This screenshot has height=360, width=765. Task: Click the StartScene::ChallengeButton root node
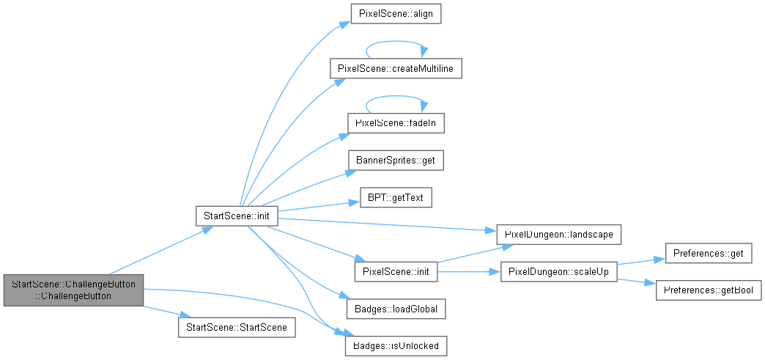click(x=73, y=290)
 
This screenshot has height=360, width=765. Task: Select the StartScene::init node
click(x=237, y=216)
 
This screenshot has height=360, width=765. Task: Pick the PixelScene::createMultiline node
click(x=396, y=69)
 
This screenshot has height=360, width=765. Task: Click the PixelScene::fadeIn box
click(x=396, y=123)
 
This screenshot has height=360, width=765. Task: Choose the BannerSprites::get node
click(x=396, y=161)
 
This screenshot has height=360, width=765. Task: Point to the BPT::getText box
click(x=396, y=197)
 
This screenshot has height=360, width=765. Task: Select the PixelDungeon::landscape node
click(x=558, y=235)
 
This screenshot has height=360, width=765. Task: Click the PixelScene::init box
click(x=396, y=271)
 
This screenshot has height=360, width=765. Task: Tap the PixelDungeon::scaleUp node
click(x=558, y=271)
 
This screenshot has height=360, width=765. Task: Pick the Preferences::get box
click(x=709, y=253)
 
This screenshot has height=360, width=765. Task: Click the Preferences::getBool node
click(x=709, y=290)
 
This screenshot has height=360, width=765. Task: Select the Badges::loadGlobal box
click(x=396, y=309)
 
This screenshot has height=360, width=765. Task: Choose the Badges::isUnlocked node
click(x=396, y=346)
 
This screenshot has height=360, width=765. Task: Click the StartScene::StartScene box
click(x=237, y=327)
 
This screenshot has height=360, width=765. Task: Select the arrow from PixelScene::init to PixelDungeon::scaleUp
click(x=468, y=271)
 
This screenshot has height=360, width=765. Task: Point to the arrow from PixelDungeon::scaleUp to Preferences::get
click(x=641, y=262)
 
